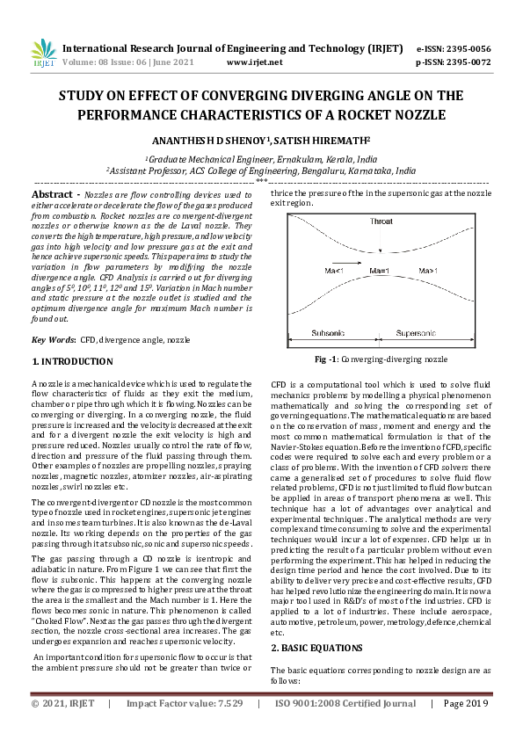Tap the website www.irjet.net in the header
[254, 62]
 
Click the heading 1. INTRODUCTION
[72, 361]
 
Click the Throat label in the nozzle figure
[381, 221]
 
